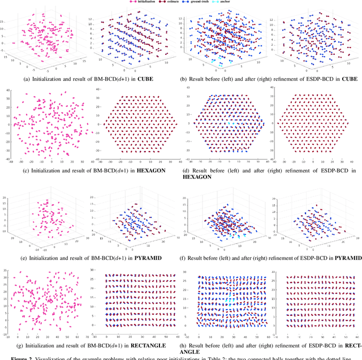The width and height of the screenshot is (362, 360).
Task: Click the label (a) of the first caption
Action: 20,78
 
